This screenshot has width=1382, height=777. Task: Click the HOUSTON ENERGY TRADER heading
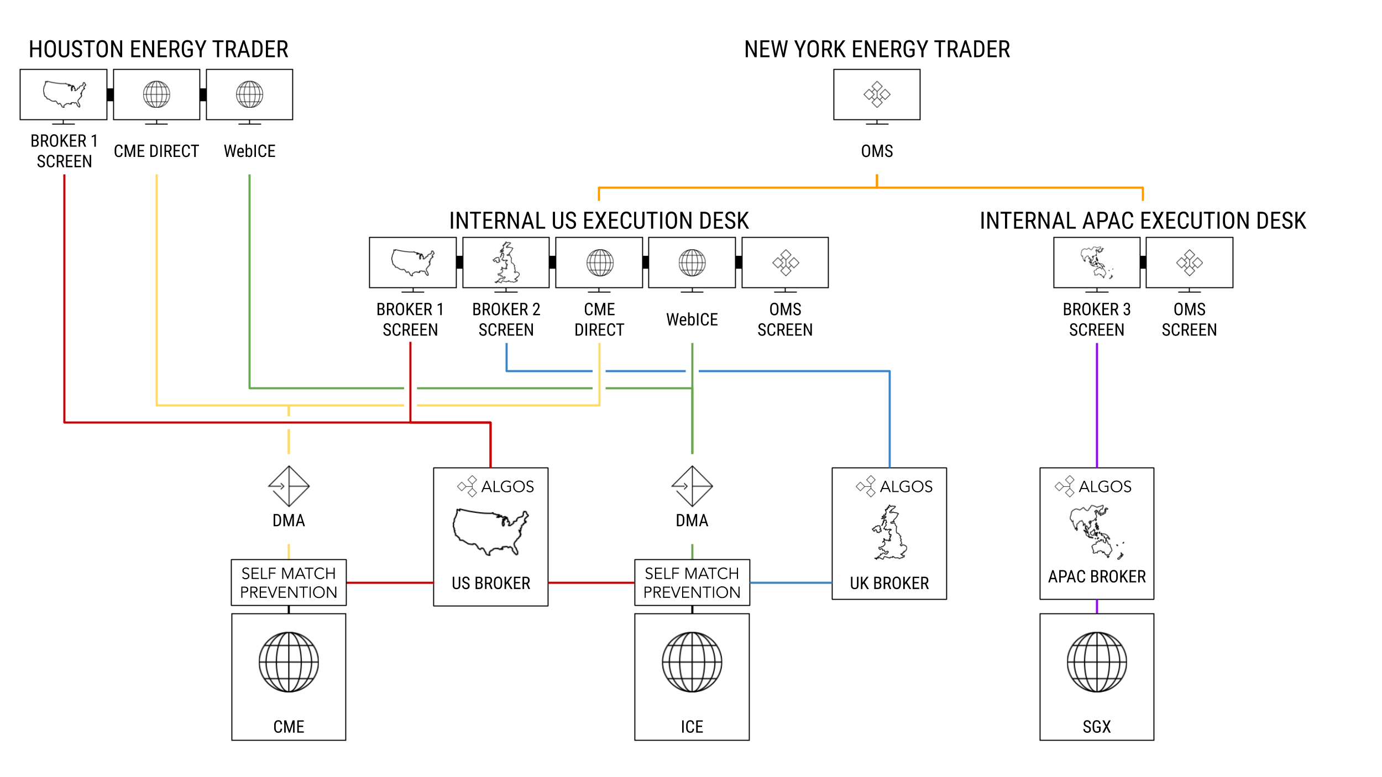click(x=158, y=49)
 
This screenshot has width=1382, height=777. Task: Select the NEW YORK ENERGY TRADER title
click(x=877, y=49)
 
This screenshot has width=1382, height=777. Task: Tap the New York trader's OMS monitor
click(x=877, y=95)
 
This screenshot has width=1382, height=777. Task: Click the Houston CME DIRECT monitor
click(x=156, y=95)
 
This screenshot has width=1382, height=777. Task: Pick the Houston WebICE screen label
click(x=249, y=151)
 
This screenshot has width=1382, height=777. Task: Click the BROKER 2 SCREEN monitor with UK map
click(x=506, y=262)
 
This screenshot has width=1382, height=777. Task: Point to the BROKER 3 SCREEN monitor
click(x=1097, y=262)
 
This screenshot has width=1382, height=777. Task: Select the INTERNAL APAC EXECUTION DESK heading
click(x=1143, y=221)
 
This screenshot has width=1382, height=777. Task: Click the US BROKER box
click(x=491, y=537)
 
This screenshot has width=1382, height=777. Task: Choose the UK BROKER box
click(x=889, y=533)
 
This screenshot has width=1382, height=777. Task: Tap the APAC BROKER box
click(x=1097, y=533)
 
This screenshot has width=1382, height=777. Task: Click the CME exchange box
click(x=289, y=676)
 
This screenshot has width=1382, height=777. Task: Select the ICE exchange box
click(x=692, y=676)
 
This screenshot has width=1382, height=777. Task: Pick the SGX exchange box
click(x=1097, y=676)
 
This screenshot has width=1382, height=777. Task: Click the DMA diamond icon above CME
click(x=289, y=486)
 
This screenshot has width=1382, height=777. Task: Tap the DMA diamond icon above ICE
click(x=692, y=486)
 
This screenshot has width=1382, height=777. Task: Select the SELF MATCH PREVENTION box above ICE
click(x=692, y=582)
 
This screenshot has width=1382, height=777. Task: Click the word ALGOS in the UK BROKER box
click(x=906, y=486)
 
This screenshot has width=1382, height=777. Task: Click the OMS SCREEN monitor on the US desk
click(x=785, y=262)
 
